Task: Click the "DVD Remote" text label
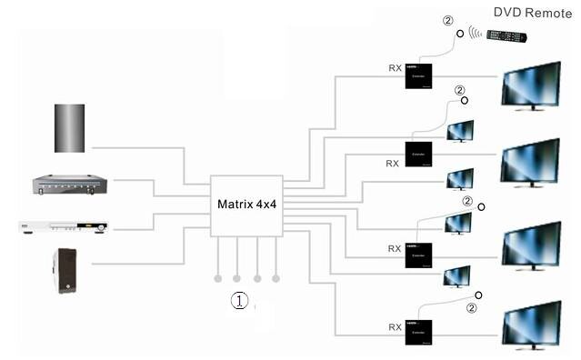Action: [x=533, y=13]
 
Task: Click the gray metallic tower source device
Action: [x=69, y=128]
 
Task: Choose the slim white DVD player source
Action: [x=64, y=226]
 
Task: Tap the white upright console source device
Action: [x=66, y=269]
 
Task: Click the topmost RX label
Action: [x=394, y=67]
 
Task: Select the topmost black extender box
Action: [x=419, y=75]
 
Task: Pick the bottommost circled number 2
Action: [x=471, y=308]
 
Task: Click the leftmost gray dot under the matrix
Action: [x=217, y=277]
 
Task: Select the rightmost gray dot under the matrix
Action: [x=276, y=277]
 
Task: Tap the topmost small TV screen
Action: [x=459, y=130]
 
